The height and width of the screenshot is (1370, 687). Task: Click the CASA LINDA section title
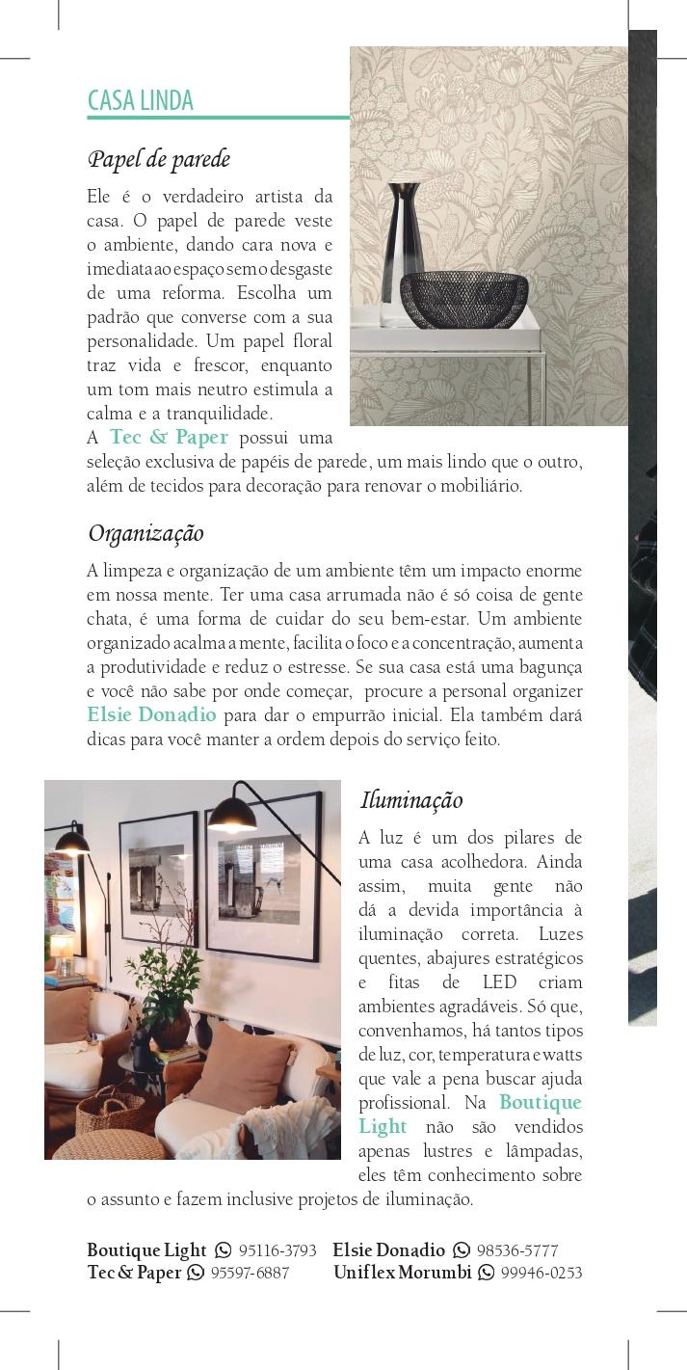click(141, 101)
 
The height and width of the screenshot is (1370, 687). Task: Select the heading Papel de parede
click(158, 159)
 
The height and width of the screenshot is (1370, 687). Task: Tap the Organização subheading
click(145, 533)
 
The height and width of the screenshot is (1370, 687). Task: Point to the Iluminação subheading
click(411, 800)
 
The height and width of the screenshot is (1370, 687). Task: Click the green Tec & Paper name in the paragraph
click(169, 438)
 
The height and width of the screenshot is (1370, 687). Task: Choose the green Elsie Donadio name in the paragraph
click(151, 715)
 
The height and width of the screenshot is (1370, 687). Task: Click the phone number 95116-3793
click(277, 1250)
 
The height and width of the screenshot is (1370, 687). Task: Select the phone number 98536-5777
click(517, 1250)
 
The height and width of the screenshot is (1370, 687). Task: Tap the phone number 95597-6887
click(250, 1273)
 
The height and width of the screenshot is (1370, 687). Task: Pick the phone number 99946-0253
click(542, 1273)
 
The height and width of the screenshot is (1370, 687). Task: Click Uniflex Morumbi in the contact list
click(403, 1273)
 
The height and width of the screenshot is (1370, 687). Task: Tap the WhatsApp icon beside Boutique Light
click(224, 1250)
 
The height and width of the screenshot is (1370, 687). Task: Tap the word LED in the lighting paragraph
click(499, 982)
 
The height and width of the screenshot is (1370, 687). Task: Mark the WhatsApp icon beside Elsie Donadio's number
click(462, 1250)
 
